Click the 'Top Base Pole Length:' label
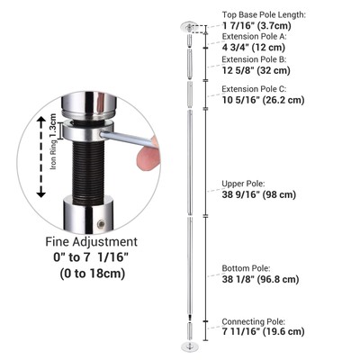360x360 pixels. (x=264, y=15)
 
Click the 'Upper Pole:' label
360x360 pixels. (x=243, y=184)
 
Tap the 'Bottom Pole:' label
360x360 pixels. (x=246, y=268)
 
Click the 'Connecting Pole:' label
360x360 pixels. (x=253, y=320)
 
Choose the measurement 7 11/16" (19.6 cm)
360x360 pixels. (x=262, y=331)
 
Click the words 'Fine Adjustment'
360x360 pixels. (x=91, y=242)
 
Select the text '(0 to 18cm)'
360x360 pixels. (x=92, y=274)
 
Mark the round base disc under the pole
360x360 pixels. (x=190, y=345)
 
